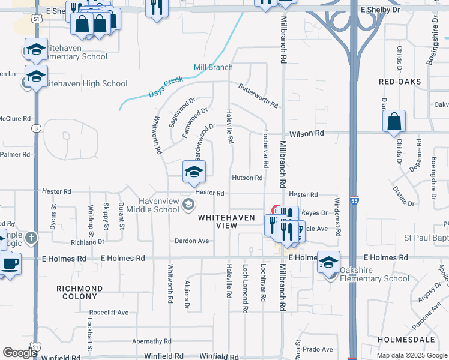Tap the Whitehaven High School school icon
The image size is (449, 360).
click(36, 77)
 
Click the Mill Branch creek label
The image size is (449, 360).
click(213, 67)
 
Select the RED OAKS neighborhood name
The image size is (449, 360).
click(400, 81)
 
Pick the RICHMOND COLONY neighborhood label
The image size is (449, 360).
click(79, 292)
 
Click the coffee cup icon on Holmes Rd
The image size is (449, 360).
click(10, 263)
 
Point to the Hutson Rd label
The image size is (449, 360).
click(247, 178)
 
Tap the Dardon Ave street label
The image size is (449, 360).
click(191, 241)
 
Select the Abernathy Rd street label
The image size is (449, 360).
click(152, 341)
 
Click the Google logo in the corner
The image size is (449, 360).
click(20, 353)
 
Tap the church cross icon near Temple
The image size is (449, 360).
click(31, 238)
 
